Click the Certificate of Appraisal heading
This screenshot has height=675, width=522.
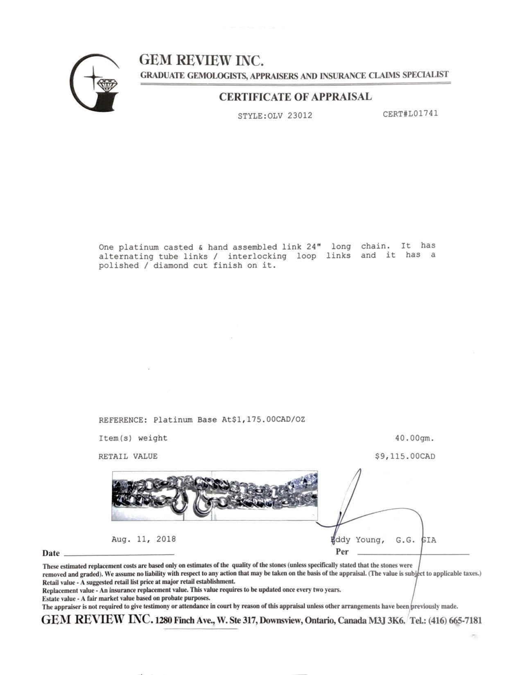tap(295, 97)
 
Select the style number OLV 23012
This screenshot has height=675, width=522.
tap(290, 115)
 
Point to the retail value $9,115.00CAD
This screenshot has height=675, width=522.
tap(405, 456)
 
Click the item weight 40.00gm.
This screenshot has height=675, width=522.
tap(414, 438)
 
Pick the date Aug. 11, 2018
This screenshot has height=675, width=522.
tap(144, 539)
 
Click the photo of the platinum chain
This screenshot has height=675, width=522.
tap(215, 495)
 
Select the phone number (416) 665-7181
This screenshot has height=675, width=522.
tap(455, 620)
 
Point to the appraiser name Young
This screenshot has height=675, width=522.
tap(370, 540)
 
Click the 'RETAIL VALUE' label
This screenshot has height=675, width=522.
tap(128, 456)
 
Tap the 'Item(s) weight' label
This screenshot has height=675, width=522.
tap(133, 438)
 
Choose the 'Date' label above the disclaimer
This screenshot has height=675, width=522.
tap(51, 553)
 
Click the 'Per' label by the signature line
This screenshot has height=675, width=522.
tap(342, 551)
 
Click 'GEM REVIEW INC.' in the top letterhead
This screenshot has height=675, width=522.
tap(201, 61)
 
